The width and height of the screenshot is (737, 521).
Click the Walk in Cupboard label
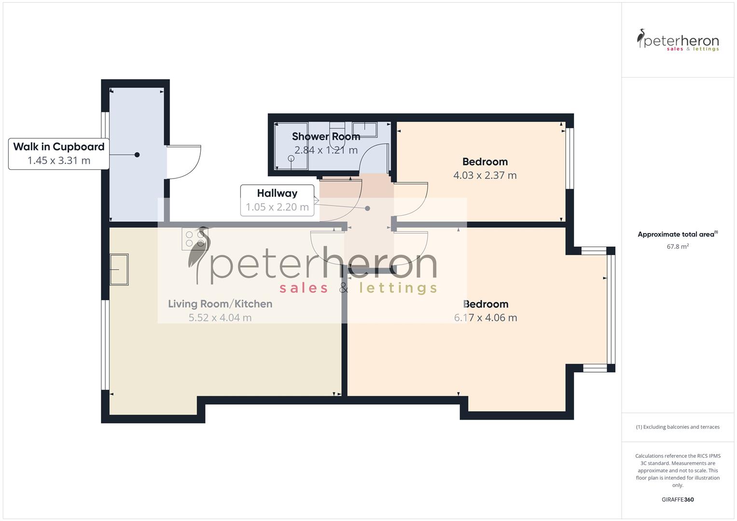(59, 147)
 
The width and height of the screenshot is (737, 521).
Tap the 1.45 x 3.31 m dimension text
(59, 161)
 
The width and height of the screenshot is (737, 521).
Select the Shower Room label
(326, 137)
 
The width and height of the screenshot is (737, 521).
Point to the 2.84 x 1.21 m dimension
(326, 150)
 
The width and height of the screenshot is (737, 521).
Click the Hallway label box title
(277, 193)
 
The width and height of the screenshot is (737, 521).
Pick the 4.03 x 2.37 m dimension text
(485, 176)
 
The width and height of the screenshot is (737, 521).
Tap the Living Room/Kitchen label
(220, 304)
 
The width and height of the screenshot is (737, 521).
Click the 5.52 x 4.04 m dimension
(220, 317)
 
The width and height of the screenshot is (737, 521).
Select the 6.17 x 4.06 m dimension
(486, 317)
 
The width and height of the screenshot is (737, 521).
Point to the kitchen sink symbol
(119, 270)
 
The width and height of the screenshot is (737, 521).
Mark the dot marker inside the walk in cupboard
(137, 155)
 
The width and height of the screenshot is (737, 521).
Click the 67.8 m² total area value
(678, 247)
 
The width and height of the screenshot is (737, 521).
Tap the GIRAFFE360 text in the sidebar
(678, 499)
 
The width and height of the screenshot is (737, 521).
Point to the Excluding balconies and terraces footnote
(678, 427)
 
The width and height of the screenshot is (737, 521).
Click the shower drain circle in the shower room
(291, 158)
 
